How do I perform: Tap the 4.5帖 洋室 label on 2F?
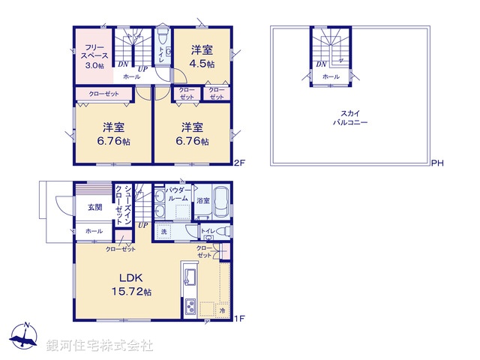click(202, 57)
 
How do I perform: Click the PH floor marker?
click(437, 162)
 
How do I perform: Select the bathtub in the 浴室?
click(220, 201)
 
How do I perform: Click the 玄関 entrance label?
click(94, 207)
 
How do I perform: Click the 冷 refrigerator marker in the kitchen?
click(223, 309)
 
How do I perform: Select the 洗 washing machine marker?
click(164, 232)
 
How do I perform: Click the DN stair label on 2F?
click(121, 65)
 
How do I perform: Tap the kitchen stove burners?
click(190, 306)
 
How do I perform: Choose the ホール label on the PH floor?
click(331, 76)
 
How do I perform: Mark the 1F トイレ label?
click(208, 231)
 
